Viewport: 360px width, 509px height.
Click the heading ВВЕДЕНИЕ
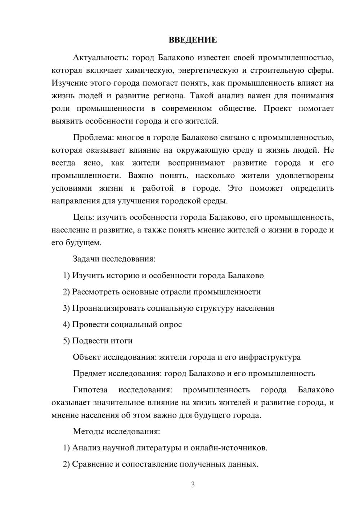pyautogui.click(x=193, y=40)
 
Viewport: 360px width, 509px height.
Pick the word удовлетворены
pyautogui.click(x=305, y=176)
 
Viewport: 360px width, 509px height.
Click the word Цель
pyautogui.click(x=83, y=217)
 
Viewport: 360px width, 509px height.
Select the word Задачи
pyautogui.click(x=86, y=259)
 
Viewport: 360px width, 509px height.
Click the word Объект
pyautogui.click(x=87, y=357)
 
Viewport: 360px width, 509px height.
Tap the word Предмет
pyautogui.click(x=89, y=374)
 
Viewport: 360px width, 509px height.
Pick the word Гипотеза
pyautogui.click(x=90, y=390)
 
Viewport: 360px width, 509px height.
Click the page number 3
pyautogui.click(x=193, y=485)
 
